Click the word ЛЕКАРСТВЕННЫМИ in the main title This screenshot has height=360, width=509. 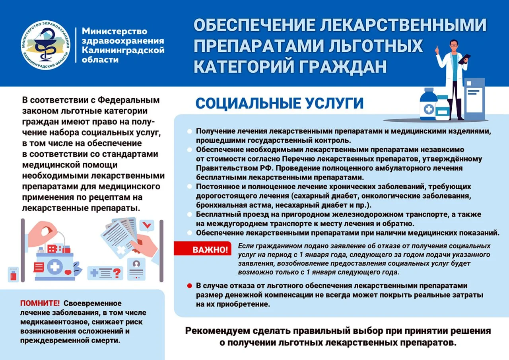pos(403,25)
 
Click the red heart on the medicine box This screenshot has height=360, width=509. pos(68,272)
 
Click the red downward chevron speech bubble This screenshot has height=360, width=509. pos(148,226)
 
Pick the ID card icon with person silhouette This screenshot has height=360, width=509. pos(136,269)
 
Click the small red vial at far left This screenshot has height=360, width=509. pos(13,274)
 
